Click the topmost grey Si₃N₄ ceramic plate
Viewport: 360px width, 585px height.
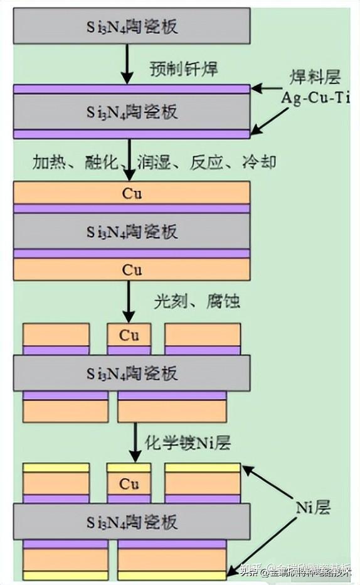click(132, 26)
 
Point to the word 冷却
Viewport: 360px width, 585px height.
click(259, 162)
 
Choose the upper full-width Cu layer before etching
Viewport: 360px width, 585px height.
click(132, 193)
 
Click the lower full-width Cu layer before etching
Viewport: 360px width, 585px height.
click(132, 270)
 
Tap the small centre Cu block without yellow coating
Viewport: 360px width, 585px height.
click(129, 335)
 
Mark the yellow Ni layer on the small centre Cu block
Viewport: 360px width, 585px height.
click(129, 468)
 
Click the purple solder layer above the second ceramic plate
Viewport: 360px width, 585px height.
click(132, 89)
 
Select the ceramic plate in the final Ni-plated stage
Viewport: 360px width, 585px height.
click(132, 522)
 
